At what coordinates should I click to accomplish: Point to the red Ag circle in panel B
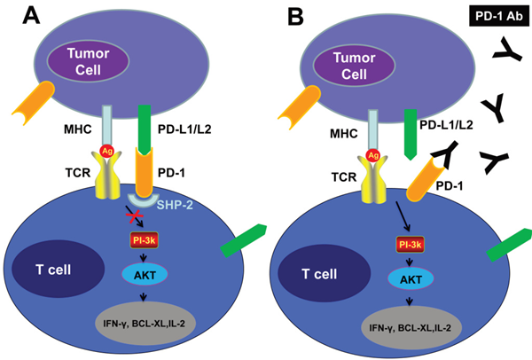click(x=373, y=154)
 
